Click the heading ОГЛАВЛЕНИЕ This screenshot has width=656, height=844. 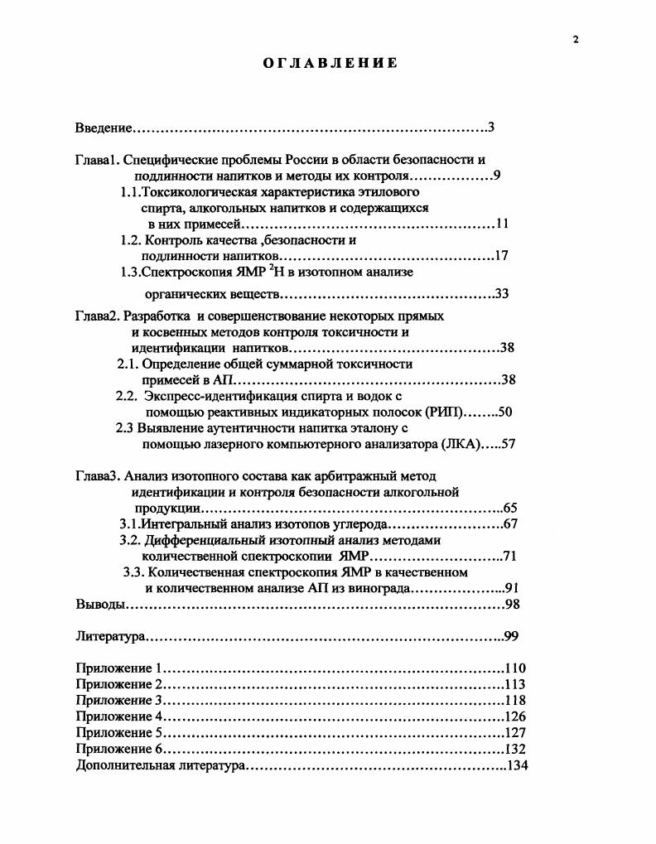(x=330, y=63)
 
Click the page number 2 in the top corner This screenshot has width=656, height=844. (x=575, y=39)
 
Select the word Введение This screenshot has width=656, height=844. (x=104, y=128)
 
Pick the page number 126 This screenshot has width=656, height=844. (x=515, y=716)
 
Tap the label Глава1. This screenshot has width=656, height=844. (x=98, y=159)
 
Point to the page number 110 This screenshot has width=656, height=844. (x=515, y=668)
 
